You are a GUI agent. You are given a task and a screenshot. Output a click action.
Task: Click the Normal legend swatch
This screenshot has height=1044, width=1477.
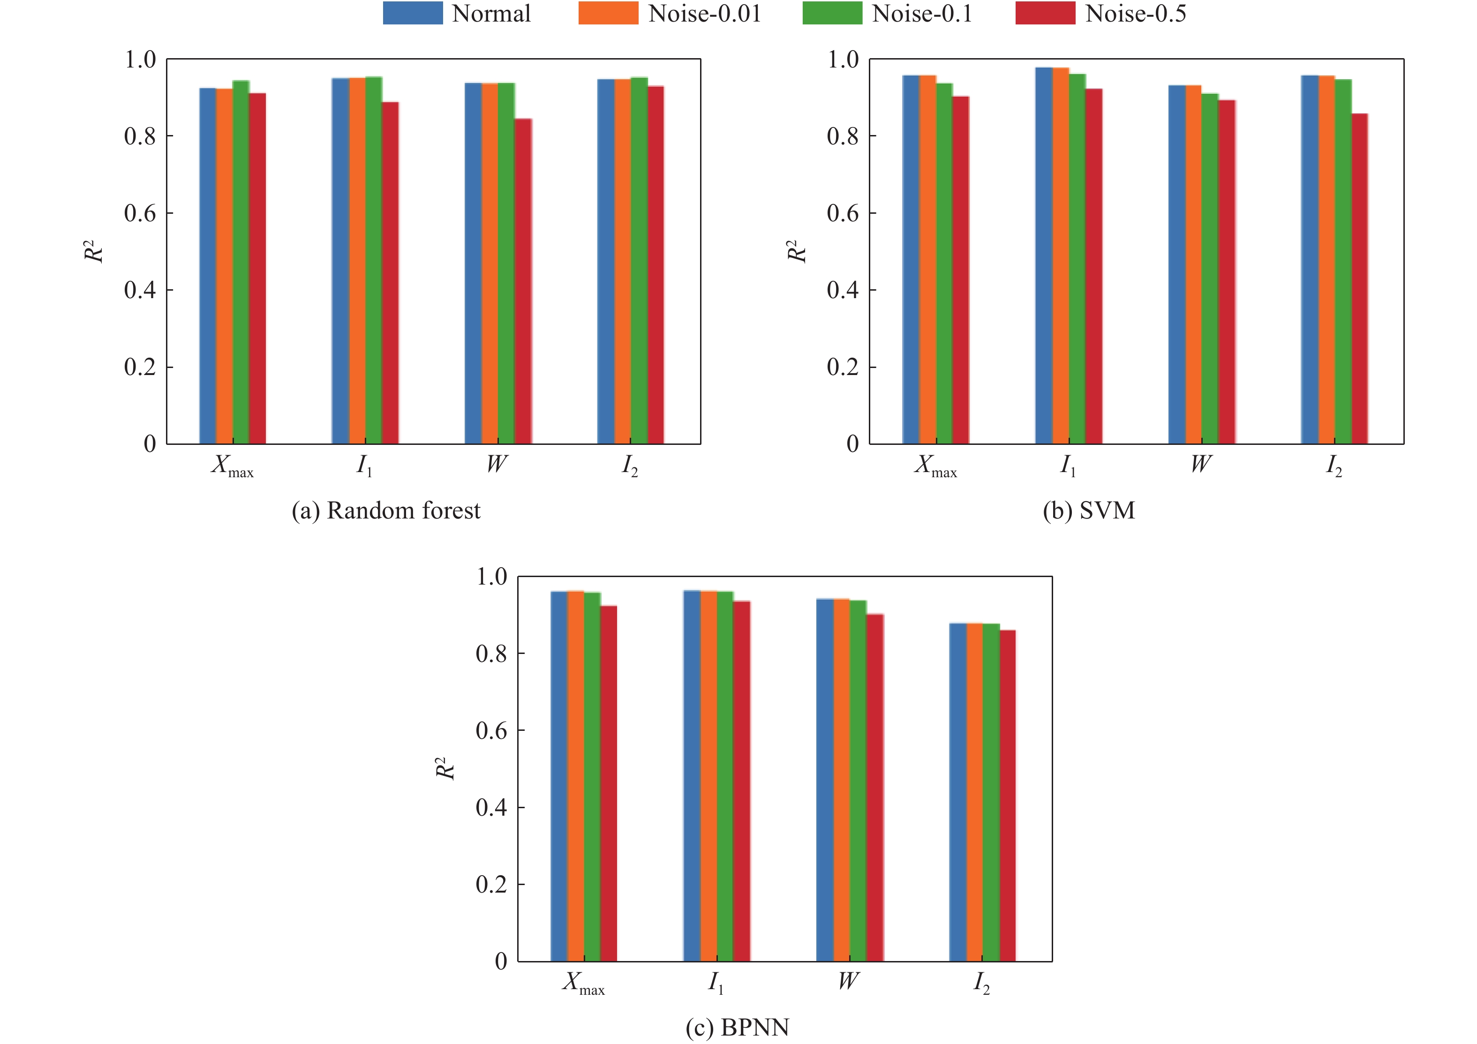pos(412,13)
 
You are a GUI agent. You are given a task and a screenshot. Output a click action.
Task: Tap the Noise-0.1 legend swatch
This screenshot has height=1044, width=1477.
pos(832,13)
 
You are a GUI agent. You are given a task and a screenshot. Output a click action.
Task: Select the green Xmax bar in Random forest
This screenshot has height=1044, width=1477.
pos(241,262)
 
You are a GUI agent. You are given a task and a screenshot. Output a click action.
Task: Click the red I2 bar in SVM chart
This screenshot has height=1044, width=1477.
pos(1359,278)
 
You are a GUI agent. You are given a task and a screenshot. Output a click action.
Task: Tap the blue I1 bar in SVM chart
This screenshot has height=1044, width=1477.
pos(1043,255)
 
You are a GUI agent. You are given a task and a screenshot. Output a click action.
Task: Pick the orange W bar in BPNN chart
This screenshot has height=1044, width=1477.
pos(842,780)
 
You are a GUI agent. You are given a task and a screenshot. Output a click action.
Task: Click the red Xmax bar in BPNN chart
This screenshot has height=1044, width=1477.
pos(609,783)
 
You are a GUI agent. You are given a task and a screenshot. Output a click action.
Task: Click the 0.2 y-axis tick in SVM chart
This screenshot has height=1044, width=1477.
pos(843,367)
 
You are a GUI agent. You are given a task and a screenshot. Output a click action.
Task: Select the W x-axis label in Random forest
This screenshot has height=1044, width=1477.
pos(497,464)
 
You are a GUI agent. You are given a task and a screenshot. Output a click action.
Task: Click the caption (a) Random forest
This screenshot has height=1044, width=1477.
pos(386,511)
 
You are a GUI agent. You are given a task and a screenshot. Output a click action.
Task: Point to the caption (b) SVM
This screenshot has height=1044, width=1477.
pos(1088,511)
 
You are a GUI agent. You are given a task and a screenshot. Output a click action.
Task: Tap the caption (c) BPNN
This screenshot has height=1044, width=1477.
pos(737,1027)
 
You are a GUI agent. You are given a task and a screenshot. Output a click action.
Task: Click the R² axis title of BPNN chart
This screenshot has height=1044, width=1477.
pos(445,769)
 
